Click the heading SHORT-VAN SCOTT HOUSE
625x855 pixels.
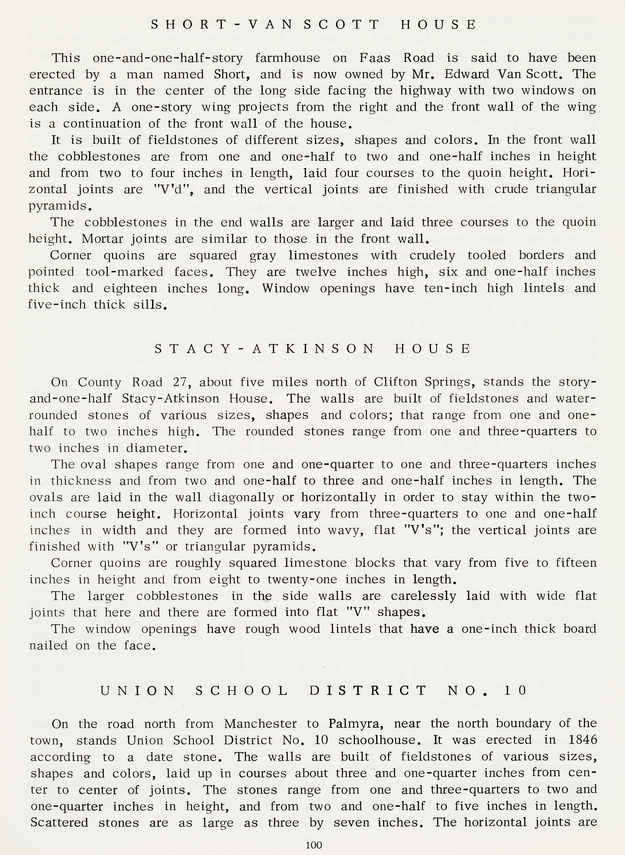[x=313, y=25]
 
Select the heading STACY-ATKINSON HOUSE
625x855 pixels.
[x=313, y=349]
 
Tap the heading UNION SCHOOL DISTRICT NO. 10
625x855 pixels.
[x=313, y=691]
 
